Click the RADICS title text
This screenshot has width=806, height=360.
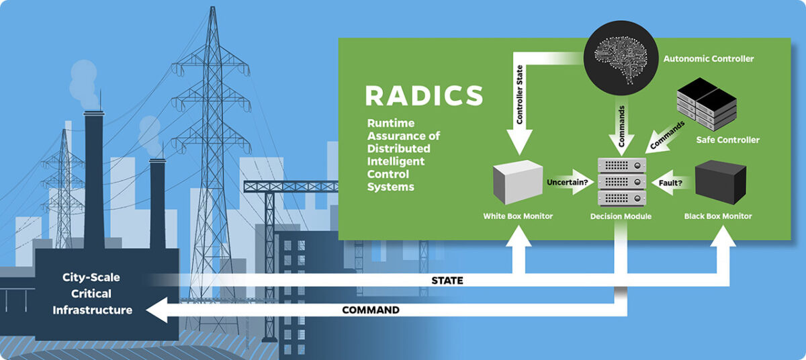424,95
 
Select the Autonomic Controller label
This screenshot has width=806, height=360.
709,59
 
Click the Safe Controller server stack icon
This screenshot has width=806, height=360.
705,103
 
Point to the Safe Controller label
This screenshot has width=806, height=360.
728,140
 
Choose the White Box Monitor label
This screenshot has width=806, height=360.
518,216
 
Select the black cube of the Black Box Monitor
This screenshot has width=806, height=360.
720,181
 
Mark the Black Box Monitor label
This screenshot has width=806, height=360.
718,216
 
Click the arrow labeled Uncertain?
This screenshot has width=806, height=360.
570,183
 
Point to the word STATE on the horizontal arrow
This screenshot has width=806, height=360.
448,281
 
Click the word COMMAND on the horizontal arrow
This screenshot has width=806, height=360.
371,310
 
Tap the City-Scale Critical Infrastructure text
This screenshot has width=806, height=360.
92,294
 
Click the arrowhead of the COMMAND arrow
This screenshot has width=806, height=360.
156,310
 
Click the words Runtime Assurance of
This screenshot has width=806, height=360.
404,130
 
